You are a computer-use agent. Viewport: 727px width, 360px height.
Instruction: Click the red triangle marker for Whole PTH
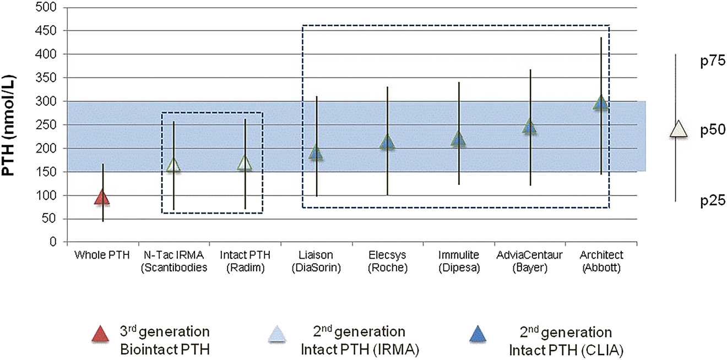click(x=102, y=197)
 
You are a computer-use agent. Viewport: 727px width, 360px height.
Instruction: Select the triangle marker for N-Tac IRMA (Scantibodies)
click(x=173, y=165)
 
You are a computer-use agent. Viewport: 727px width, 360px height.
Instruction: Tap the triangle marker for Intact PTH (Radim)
click(x=245, y=163)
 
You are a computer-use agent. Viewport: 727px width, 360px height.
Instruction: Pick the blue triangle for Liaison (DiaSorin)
click(x=316, y=152)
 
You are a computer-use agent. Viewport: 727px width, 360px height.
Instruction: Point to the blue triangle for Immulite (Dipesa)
click(x=459, y=139)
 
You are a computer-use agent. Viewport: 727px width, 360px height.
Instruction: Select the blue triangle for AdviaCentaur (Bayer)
click(x=529, y=127)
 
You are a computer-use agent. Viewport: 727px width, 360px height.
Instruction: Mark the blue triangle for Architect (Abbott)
click(x=600, y=102)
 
